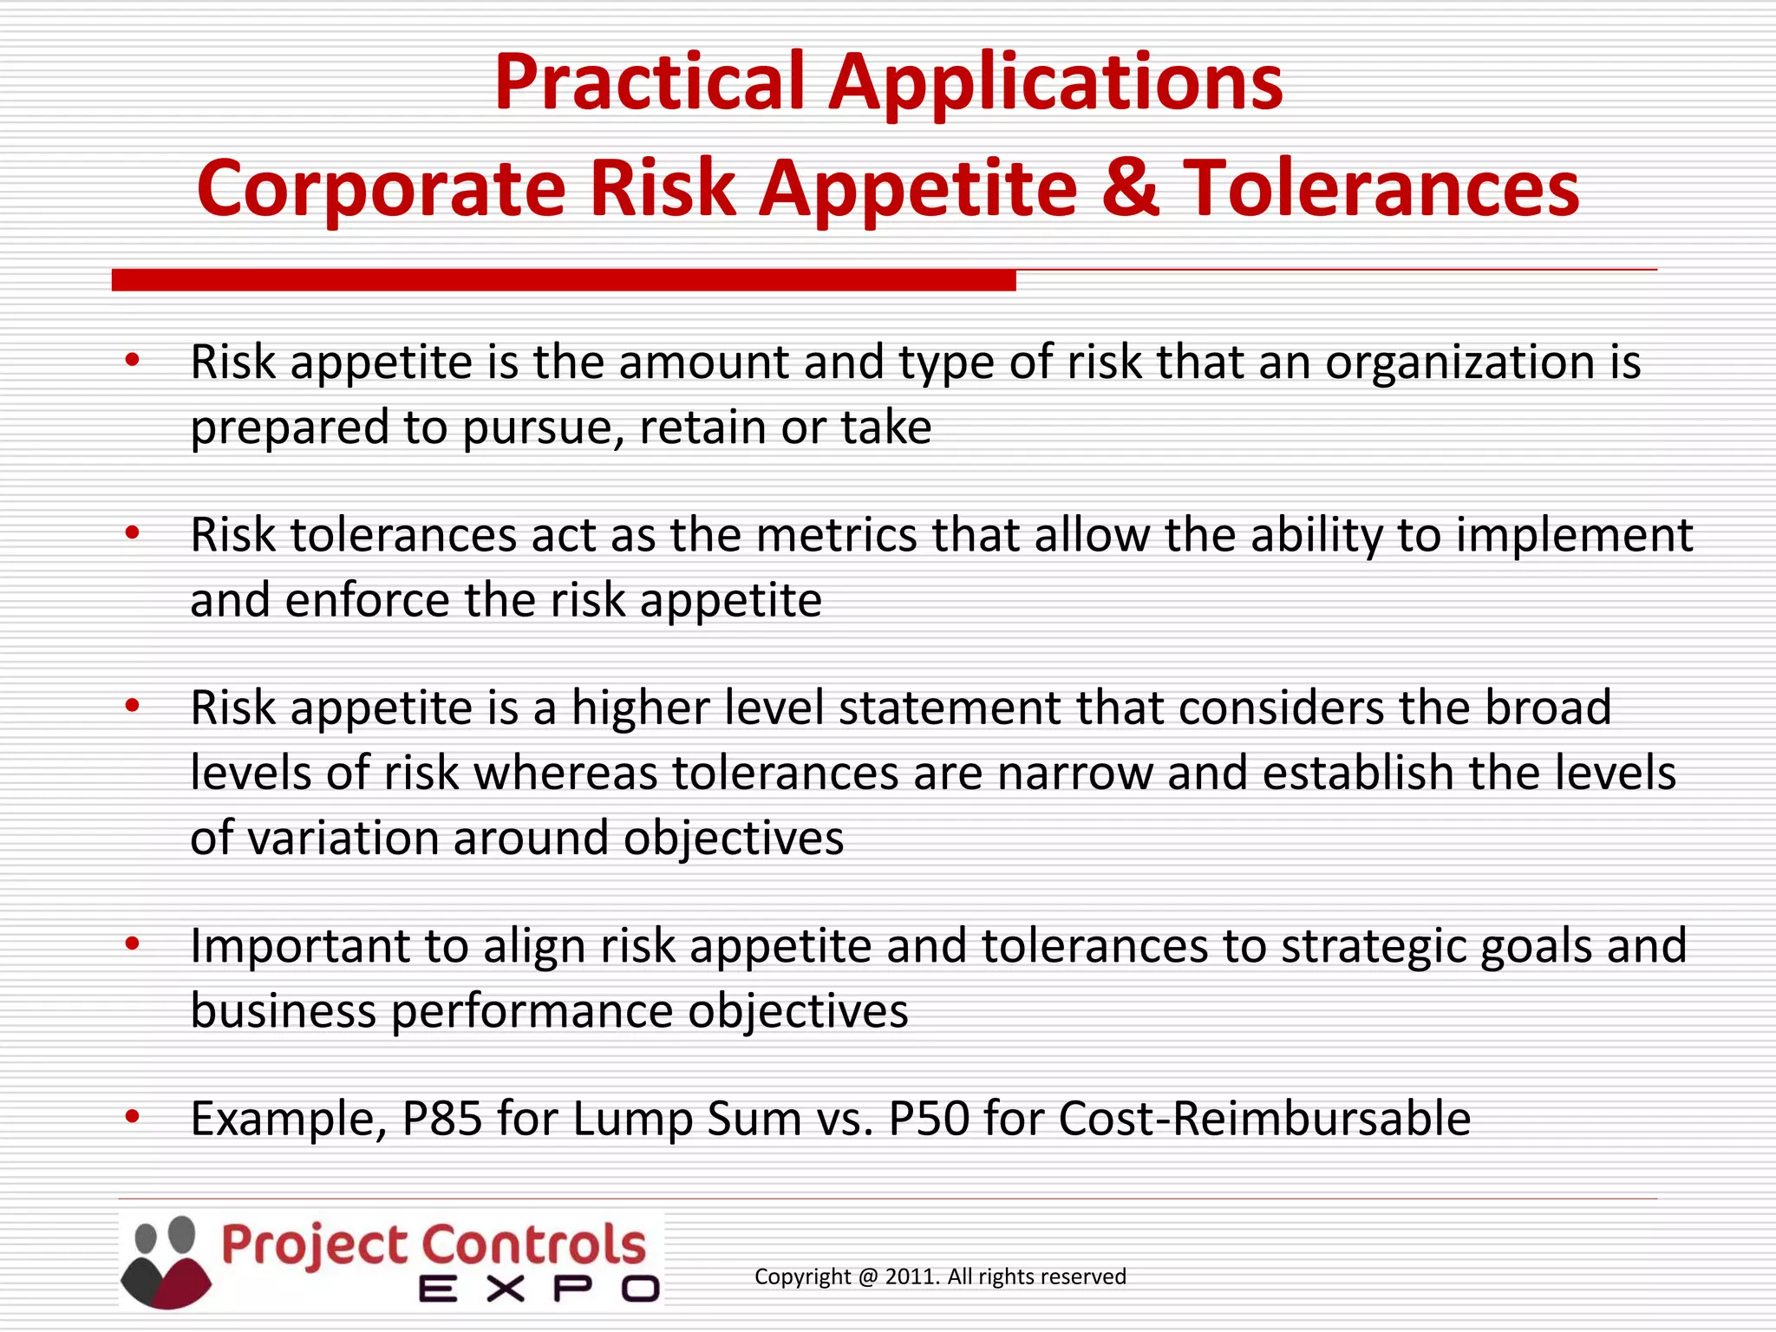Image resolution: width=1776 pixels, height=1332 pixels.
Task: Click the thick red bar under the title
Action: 564,280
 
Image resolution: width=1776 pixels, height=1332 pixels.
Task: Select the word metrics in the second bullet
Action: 836,535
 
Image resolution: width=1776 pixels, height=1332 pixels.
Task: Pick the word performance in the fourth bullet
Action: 532,1012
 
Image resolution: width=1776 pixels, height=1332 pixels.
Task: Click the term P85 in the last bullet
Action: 441,1119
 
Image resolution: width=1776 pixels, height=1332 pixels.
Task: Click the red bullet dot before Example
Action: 132,1117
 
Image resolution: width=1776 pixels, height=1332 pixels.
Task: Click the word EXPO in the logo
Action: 539,1289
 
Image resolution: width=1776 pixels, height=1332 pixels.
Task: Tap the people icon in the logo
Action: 166,1262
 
